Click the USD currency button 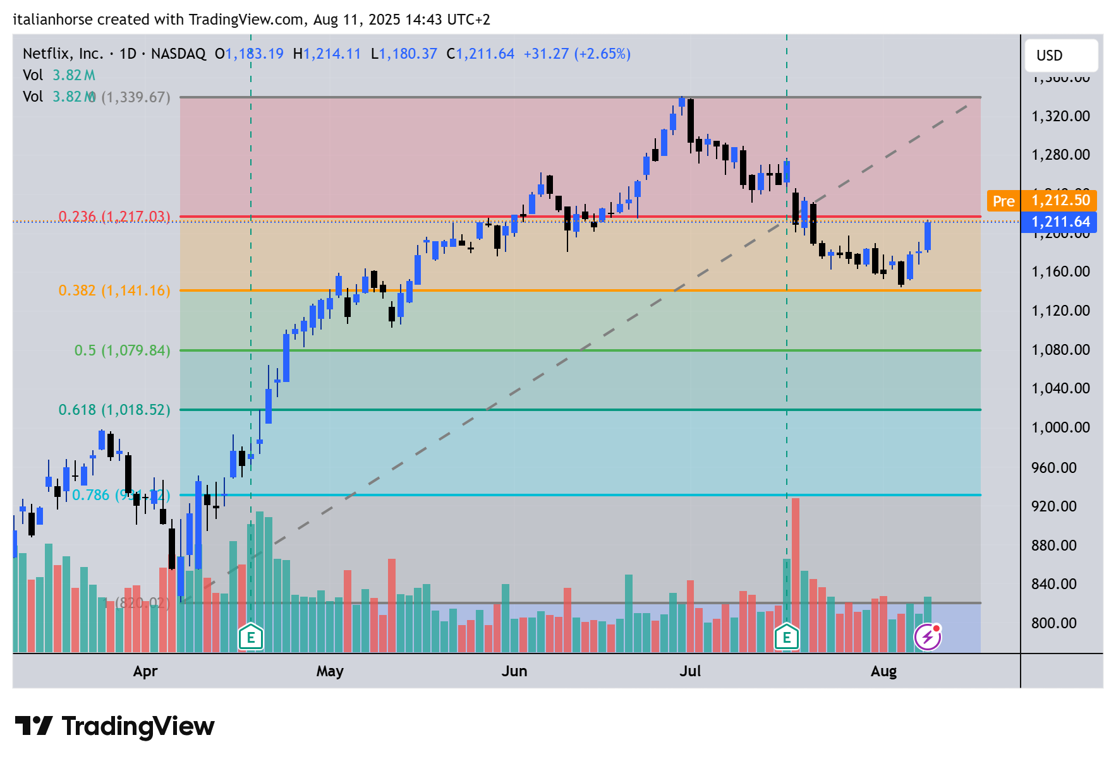1062,56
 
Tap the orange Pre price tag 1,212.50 1041,201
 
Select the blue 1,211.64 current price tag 1059,222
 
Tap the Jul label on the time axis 690,671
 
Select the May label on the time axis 330,671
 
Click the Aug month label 883,671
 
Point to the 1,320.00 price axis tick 1060,116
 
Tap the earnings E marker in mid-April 251,637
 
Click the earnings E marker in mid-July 787,637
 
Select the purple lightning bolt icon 928,637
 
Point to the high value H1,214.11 327,54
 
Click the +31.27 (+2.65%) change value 577,54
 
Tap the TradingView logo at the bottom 115,727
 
